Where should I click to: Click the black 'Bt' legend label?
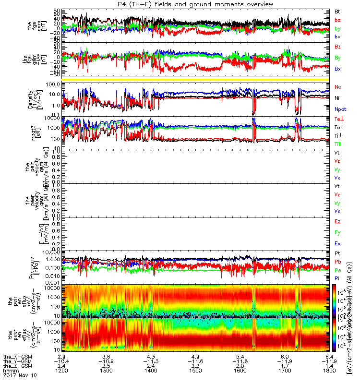coord(337,11)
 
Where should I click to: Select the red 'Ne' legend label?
coord(338,87)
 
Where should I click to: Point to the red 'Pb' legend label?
coord(338,262)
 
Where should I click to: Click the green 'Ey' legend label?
coord(338,233)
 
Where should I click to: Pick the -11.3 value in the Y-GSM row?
coord(151,360)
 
